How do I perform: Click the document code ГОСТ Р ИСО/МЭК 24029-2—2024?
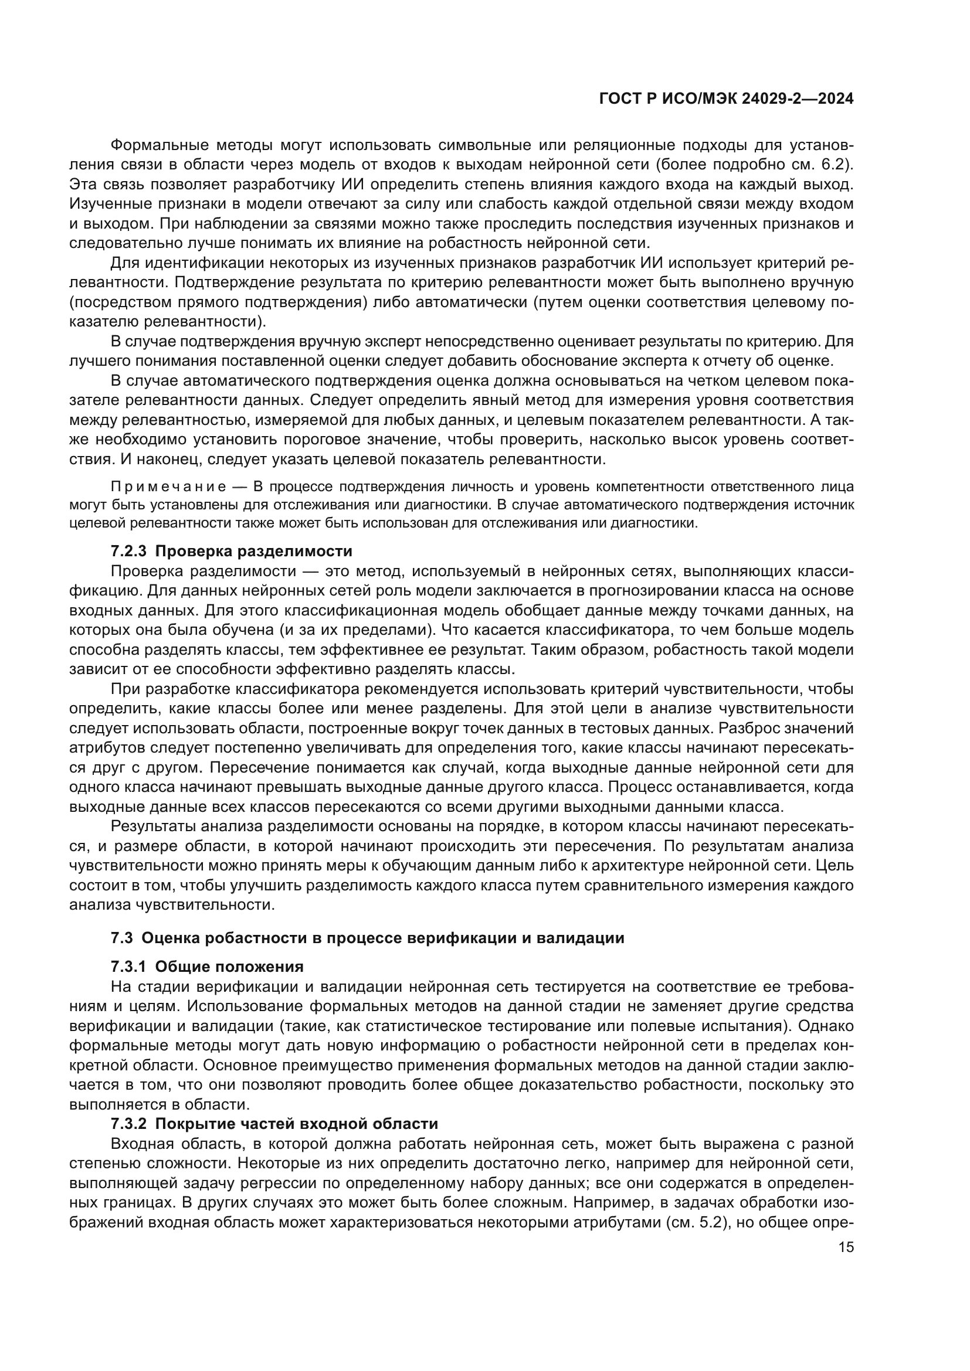coord(725,99)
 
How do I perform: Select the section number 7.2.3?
coord(128,550)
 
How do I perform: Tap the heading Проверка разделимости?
coord(254,550)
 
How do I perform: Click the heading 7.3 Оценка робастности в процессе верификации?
coord(367,938)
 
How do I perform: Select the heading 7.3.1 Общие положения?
coord(207,967)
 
